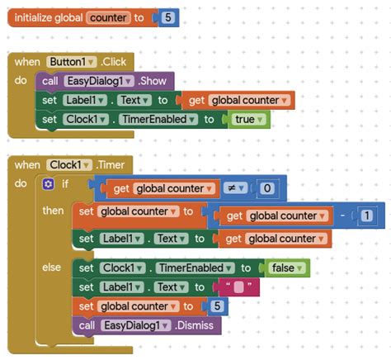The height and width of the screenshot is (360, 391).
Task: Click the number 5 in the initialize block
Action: (x=168, y=17)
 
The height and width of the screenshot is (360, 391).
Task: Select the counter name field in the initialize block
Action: (x=108, y=18)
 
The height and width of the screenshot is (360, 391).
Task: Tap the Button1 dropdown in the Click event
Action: (x=72, y=62)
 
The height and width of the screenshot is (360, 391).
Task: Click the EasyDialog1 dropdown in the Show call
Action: (x=99, y=81)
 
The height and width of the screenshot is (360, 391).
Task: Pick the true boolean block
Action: (x=248, y=120)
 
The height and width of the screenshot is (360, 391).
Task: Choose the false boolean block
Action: (x=286, y=268)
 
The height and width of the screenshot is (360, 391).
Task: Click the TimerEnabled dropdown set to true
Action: (x=158, y=120)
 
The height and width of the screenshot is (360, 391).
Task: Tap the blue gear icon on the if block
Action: (x=48, y=184)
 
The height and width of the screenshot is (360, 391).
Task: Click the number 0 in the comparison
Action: (x=267, y=188)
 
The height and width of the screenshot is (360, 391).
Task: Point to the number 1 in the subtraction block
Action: (x=366, y=216)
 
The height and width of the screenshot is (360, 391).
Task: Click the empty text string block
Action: (x=238, y=287)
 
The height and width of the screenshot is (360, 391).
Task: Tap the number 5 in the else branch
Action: (x=217, y=306)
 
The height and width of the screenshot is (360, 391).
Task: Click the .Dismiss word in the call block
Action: (x=194, y=325)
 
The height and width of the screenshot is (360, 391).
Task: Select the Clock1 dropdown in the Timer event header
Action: (x=69, y=165)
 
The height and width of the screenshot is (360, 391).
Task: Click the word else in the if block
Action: (x=51, y=268)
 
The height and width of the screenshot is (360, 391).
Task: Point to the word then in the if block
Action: (x=53, y=211)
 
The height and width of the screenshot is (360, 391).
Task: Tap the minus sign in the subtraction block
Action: (x=342, y=215)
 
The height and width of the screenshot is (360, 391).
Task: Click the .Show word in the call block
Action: (x=152, y=81)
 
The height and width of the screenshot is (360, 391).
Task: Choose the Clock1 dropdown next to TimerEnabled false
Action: (x=123, y=268)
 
